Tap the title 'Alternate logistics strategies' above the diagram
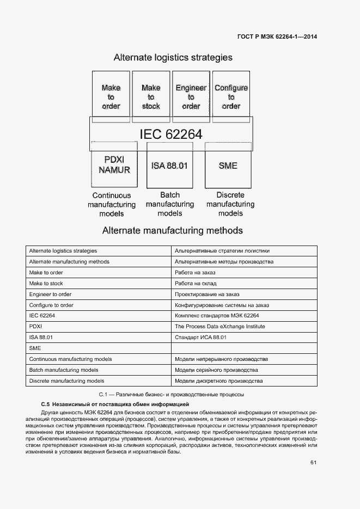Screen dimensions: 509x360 tap(173, 58)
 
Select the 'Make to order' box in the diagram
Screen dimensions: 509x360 tap(111, 96)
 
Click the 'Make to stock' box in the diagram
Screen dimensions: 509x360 tap(151, 96)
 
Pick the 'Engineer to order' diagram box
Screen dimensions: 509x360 tap(191, 96)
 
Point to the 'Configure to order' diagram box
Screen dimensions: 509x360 tap(231, 96)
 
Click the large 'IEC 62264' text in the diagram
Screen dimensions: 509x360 tap(171, 134)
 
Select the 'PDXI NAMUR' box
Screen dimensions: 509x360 tap(114, 165)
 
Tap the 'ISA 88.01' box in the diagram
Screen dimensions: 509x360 tap(169, 165)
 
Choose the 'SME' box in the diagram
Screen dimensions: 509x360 tap(228, 165)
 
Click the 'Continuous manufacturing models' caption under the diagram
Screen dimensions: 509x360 tap(112, 204)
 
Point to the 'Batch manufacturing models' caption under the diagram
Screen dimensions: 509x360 tap(170, 204)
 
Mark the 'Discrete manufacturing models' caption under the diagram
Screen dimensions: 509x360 tap(230, 204)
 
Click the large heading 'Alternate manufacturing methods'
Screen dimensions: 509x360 tap(173, 231)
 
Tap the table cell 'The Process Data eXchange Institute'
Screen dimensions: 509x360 tap(212, 327)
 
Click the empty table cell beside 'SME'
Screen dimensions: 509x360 tap(244, 348)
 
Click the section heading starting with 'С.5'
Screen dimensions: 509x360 tap(115, 405)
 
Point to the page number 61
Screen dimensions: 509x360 tap(313, 463)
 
